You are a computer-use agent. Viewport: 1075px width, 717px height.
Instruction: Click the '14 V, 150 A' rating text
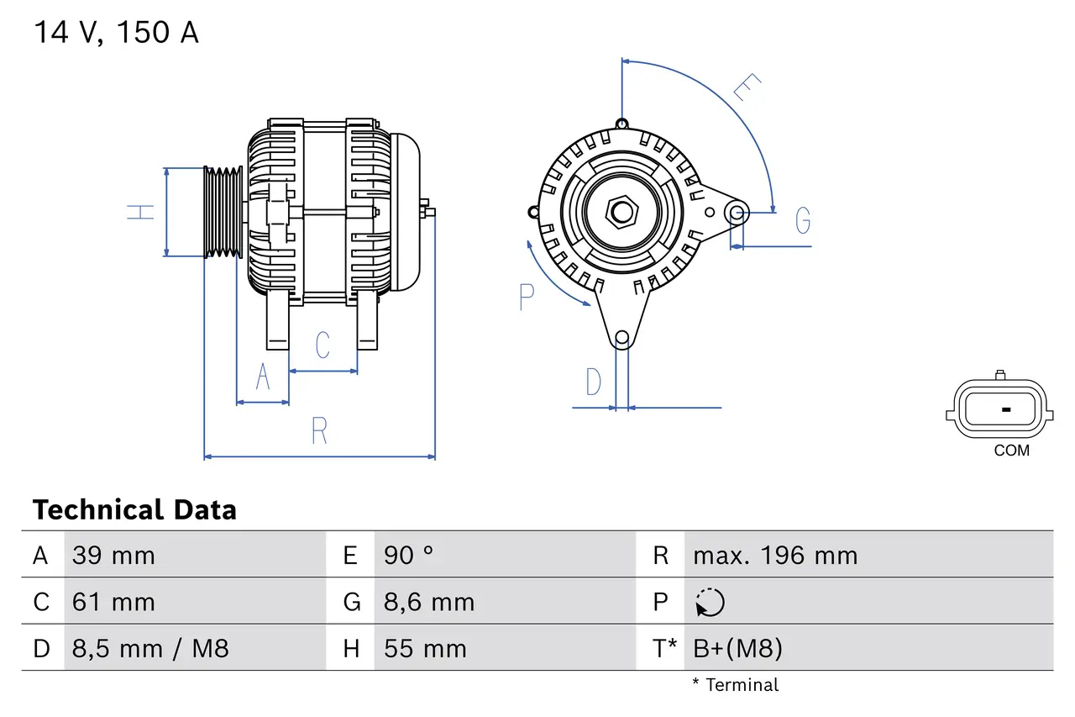[116, 33]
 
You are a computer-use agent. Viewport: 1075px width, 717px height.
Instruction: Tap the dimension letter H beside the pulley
[142, 212]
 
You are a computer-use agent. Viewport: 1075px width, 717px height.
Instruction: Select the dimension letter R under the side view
[319, 431]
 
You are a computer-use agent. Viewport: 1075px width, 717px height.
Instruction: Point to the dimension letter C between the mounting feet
[322, 345]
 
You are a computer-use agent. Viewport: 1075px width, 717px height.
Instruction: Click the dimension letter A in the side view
[263, 377]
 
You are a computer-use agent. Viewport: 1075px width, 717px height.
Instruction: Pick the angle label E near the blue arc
[746, 87]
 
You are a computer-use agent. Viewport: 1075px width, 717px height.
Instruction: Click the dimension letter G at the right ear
[803, 220]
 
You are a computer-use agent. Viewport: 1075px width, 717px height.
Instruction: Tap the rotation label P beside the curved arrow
[527, 297]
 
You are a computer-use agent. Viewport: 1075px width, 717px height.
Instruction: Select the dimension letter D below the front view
[593, 382]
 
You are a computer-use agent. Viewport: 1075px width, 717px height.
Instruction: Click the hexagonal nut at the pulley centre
[621, 212]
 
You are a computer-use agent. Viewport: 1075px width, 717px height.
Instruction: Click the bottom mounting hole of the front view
[621, 339]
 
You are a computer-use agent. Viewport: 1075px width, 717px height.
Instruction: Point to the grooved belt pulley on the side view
[223, 211]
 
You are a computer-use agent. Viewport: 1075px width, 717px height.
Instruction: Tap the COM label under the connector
[1011, 451]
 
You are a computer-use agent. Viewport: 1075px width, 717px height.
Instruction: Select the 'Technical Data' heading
[134, 509]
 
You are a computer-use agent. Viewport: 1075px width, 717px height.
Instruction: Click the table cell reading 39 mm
[113, 556]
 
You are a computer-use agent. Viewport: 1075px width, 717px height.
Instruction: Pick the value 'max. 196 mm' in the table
[774, 556]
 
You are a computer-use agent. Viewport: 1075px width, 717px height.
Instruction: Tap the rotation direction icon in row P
[710, 602]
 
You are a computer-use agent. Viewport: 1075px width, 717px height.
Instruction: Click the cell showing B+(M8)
[737, 648]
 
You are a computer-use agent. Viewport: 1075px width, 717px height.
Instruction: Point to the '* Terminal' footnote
[735, 685]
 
